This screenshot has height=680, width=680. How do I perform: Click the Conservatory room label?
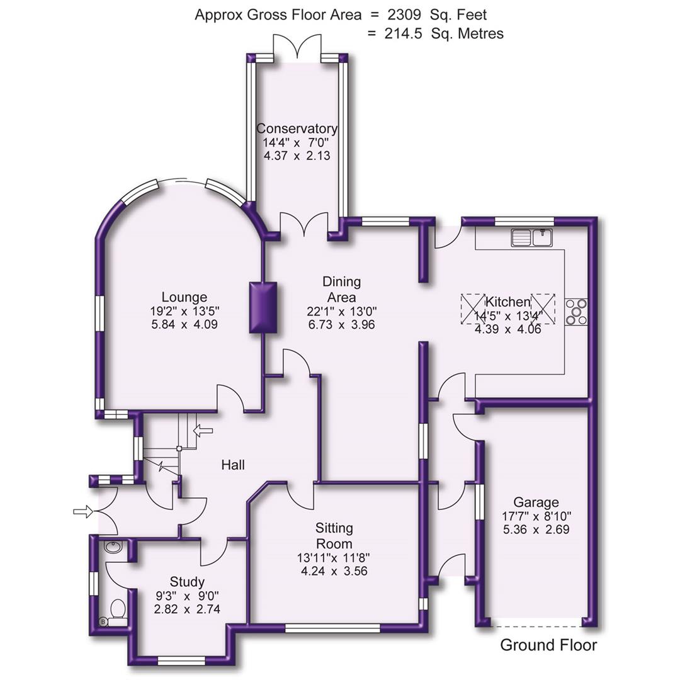pyautogui.click(x=297, y=128)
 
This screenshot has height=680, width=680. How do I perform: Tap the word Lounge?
pyautogui.click(x=184, y=297)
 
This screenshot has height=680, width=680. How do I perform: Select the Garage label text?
pyautogui.click(x=536, y=502)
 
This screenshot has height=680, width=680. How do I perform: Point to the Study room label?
pyautogui.click(x=187, y=581)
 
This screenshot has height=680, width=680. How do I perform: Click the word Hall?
pyautogui.click(x=233, y=465)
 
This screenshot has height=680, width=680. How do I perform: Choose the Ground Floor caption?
pyautogui.click(x=548, y=645)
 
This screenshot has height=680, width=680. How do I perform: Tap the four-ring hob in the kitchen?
pyautogui.click(x=577, y=312)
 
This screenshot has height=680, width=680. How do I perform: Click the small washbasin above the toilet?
pyautogui.click(x=114, y=548)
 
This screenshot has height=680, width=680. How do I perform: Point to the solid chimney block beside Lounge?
pyautogui.click(x=263, y=307)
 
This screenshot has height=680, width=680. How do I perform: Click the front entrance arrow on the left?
pyautogui.click(x=82, y=512)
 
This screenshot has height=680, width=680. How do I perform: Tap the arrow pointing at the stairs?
pyautogui.click(x=203, y=431)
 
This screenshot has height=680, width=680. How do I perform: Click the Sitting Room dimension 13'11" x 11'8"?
pyautogui.click(x=334, y=558)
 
